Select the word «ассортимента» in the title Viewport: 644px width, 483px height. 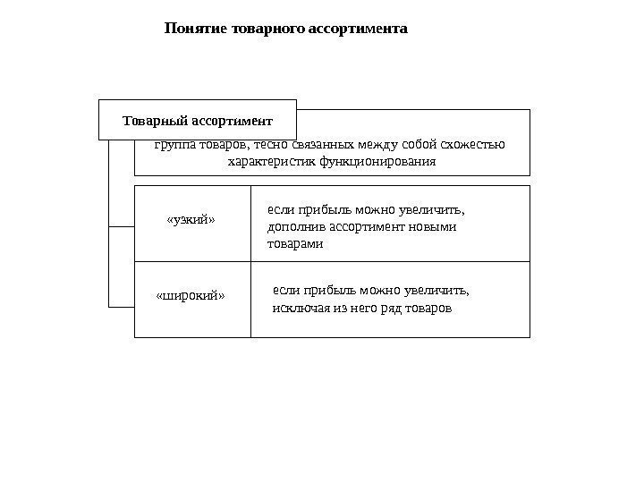coord(357,29)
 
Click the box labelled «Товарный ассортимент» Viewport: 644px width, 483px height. coord(197,120)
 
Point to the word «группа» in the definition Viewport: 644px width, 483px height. coord(173,144)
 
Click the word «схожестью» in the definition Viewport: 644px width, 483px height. coord(474,144)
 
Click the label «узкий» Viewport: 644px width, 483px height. coord(192,219)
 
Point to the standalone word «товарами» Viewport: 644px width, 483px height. coord(296,242)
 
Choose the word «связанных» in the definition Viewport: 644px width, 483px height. coord(321,144)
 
